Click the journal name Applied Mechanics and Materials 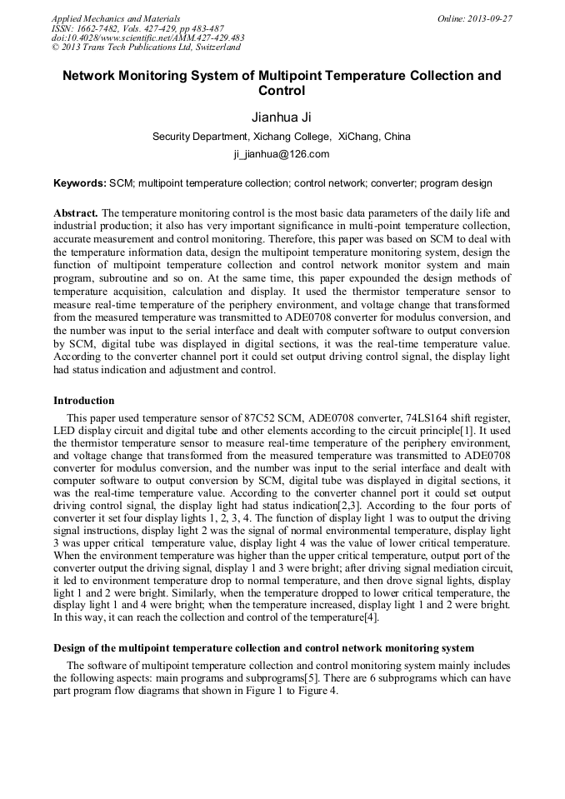[x=116, y=18]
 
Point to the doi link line [x=147, y=37]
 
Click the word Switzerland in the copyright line [x=216, y=47]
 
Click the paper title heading [x=282, y=83]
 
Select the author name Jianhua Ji [x=282, y=117]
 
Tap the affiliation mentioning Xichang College [x=282, y=137]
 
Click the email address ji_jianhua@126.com [x=282, y=154]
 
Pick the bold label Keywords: [x=80, y=183]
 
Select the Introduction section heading [x=83, y=401]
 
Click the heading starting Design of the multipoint [x=263, y=647]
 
